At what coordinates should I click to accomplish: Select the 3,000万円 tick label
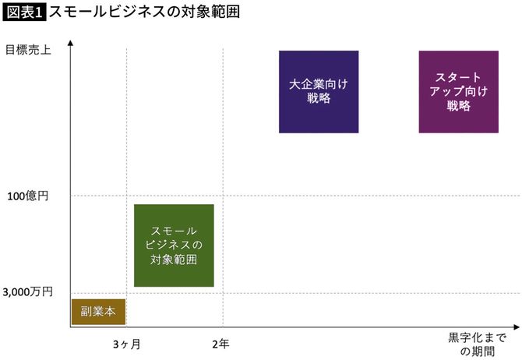click(28, 291)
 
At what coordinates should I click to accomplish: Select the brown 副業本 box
click(98, 311)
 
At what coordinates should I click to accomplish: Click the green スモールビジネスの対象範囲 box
click(174, 245)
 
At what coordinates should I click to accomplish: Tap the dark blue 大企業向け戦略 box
click(318, 92)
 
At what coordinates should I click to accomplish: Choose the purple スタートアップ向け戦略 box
click(458, 92)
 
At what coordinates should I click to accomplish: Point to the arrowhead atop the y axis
click(71, 43)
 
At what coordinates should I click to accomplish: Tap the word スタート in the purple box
click(458, 77)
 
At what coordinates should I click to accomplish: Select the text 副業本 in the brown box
click(98, 311)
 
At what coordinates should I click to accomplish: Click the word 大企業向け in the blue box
click(318, 84)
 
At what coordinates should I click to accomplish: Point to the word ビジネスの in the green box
click(174, 245)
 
